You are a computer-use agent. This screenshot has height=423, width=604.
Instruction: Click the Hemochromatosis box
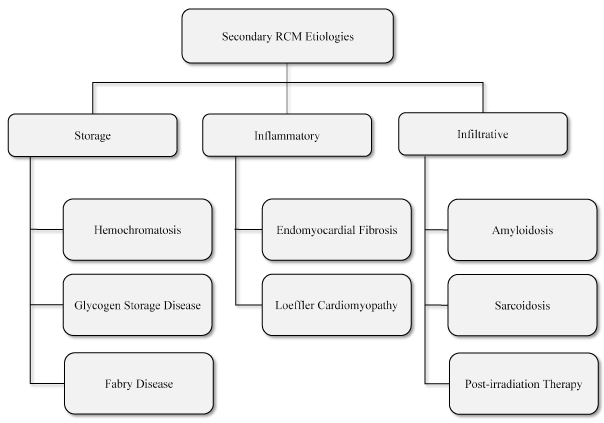pos(137,229)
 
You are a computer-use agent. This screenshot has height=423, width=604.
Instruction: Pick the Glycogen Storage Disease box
pos(137,304)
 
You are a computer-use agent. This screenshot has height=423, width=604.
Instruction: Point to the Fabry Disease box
pos(137,382)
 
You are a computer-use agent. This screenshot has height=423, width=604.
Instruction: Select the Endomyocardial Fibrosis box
pos(336,229)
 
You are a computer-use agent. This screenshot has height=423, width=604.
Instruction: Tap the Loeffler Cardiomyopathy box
pos(336,304)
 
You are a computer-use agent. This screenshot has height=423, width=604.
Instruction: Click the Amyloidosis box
pos(523,229)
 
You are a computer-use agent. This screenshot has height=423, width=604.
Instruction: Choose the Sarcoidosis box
pos(523,304)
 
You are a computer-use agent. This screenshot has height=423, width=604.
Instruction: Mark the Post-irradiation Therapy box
pos(523,382)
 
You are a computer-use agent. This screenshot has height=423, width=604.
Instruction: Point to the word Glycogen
pos(97,304)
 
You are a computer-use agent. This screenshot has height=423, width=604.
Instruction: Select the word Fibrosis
pos(376,229)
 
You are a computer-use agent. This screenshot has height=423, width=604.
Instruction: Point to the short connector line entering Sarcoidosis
pos(436,304)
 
